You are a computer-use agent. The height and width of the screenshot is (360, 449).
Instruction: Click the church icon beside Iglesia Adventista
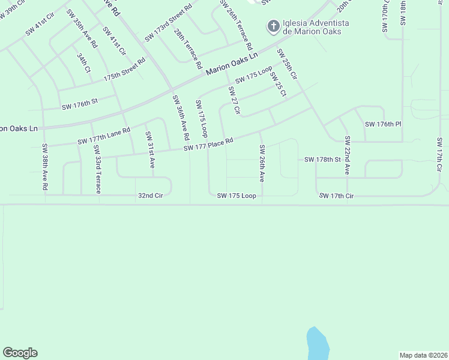pos(274,26)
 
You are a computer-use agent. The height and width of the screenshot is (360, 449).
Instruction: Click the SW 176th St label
pos(79,106)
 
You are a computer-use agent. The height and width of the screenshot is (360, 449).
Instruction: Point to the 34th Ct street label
pos(83,63)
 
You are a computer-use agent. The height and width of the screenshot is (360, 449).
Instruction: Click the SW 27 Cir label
pos(234,100)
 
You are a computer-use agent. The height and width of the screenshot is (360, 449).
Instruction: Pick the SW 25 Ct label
pos(278,85)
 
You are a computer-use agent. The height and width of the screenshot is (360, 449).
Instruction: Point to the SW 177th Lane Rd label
pos(103,137)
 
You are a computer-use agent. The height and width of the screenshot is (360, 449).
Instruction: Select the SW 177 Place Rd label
pos(208,144)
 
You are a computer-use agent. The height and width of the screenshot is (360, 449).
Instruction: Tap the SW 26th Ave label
pos(262,163)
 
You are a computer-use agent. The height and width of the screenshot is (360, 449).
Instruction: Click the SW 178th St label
pos(322,160)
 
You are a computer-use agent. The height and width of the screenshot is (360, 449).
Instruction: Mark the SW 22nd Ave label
pos(347,155)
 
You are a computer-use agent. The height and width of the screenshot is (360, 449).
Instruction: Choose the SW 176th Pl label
pos(382,124)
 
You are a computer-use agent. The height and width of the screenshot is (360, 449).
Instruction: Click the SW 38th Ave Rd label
pos(45,167)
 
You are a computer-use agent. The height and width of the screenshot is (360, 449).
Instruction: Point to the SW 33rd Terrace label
pos(96,169)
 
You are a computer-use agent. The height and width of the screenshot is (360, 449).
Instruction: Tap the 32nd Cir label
pos(150,195)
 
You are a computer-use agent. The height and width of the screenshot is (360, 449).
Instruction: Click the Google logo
pos(20,353)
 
